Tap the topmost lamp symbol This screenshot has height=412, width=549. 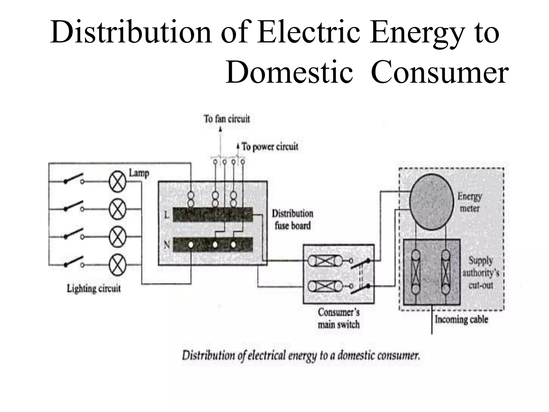pos(117,182)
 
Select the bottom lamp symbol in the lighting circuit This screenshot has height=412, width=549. pos(117,265)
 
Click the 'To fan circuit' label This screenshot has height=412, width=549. pos(227,119)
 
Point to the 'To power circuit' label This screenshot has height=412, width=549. pos(270,147)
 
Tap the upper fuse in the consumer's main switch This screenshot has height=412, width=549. pos(325,260)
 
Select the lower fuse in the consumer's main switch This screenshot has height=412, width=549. pos(325,286)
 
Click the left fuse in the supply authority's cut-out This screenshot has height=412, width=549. pos(416,272)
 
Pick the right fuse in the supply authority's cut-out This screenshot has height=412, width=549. pos(446,272)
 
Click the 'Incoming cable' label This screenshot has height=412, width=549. pos(461,319)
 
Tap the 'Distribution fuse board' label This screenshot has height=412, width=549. pos(292,220)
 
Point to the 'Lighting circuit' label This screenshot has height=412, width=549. pos(94,289)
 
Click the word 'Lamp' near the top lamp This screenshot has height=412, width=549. pos(139,173)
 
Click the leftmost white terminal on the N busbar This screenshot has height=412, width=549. pos(191,245)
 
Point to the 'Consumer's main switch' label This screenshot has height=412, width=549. pos(339,318)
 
